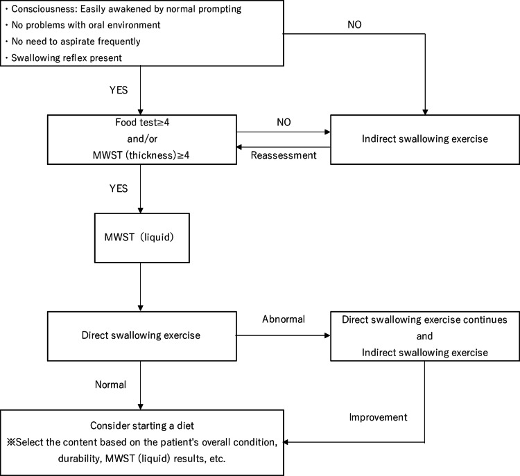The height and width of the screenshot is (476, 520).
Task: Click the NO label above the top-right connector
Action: (x=354, y=24)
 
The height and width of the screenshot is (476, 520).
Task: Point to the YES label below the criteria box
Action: (x=119, y=90)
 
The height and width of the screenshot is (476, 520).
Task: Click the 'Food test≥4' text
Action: (x=142, y=123)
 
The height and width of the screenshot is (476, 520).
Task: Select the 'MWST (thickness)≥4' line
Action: (x=141, y=155)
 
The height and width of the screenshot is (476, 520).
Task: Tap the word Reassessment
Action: (x=284, y=155)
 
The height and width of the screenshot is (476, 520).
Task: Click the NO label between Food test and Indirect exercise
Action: (x=284, y=123)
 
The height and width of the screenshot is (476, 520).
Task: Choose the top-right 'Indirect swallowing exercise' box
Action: (x=425, y=139)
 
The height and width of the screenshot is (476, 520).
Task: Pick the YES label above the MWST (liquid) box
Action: (x=119, y=188)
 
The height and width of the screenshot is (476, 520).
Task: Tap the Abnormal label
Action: (x=284, y=319)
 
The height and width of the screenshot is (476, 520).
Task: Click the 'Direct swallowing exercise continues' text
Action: (x=424, y=319)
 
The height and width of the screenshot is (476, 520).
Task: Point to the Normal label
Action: (x=110, y=385)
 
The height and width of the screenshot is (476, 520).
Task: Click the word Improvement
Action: (x=378, y=417)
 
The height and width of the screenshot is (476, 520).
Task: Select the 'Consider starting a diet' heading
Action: (x=142, y=425)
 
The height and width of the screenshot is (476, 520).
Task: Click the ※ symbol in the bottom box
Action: (x=11, y=442)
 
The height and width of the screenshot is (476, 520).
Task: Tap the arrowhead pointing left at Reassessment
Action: (x=239, y=147)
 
